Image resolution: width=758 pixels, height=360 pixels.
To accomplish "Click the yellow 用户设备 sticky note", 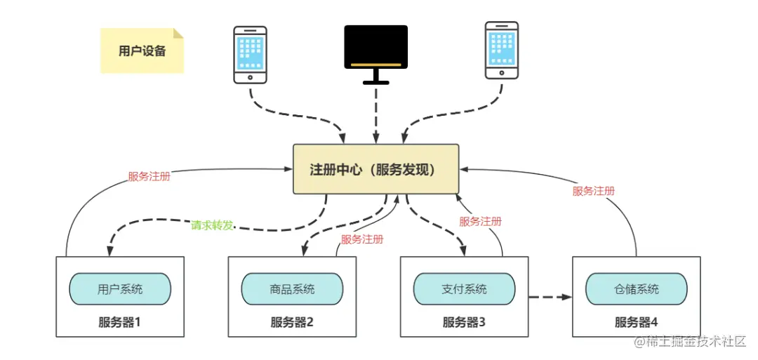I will (142, 51).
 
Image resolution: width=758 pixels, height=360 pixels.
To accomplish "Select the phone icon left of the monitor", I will (250, 54).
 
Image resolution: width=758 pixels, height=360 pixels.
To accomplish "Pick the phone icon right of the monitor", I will (502, 50).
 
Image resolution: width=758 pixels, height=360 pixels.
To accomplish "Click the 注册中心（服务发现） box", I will (375, 170).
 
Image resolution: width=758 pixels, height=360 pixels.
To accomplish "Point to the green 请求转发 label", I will (212, 225).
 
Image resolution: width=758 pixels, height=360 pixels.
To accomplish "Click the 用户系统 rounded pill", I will (120, 289).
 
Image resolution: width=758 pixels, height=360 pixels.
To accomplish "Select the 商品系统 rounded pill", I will (292, 289).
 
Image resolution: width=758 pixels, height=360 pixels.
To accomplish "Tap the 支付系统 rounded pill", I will (464, 289).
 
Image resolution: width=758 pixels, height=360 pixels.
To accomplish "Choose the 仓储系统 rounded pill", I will (636, 289).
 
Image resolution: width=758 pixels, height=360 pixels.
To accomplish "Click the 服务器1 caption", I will (120, 323).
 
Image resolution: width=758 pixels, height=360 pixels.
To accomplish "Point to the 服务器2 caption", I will (292, 323).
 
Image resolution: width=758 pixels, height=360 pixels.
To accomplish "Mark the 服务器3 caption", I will (464, 323).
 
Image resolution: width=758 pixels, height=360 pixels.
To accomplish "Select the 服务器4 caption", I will (636, 323).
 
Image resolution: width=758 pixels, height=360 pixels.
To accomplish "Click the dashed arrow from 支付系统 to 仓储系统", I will (550, 298).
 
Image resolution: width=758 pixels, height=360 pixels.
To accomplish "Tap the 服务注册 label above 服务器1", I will (149, 177).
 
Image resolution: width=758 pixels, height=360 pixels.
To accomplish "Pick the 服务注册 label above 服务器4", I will (594, 191).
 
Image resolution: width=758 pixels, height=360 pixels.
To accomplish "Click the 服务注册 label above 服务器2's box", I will (362, 239).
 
